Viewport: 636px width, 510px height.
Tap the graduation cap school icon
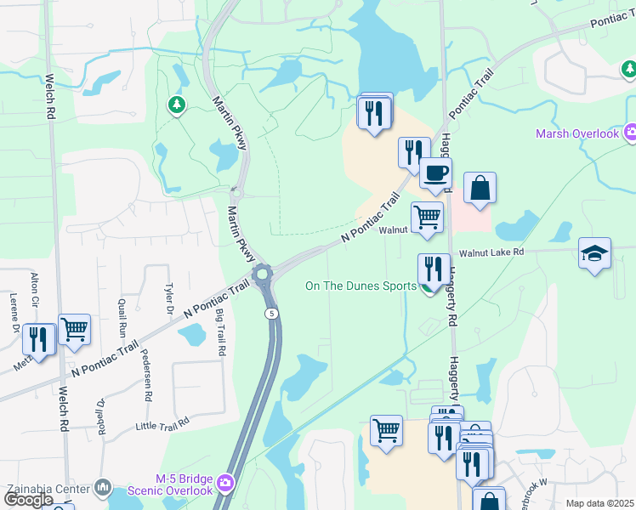point(594,254)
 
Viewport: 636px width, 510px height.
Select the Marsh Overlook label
point(577,133)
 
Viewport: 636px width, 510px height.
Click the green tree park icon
point(177,105)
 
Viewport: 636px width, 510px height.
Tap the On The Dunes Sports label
point(361,286)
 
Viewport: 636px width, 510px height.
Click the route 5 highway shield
point(270,314)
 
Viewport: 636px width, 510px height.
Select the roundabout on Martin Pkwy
point(262,274)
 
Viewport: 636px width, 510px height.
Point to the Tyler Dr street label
point(169,297)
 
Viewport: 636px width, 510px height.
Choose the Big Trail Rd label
point(220,332)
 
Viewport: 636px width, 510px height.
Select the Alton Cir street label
point(35,290)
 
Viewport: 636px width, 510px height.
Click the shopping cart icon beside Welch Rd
point(74,329)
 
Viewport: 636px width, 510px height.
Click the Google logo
point(28,500)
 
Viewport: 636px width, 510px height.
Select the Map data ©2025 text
point(599,503)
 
